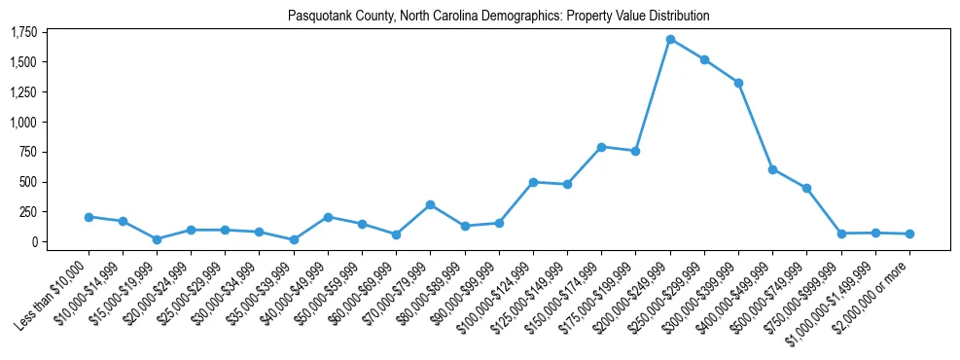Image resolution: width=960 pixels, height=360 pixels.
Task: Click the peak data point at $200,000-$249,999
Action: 670,40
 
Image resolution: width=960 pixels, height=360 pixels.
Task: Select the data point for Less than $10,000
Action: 89,217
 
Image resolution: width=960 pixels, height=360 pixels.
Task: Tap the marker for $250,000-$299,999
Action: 704,59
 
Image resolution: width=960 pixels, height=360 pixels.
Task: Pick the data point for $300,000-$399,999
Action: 738,83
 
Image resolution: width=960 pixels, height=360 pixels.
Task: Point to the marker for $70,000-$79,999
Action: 430,205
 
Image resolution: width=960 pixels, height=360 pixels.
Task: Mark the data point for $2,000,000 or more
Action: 909,234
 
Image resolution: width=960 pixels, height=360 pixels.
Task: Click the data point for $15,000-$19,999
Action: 157,239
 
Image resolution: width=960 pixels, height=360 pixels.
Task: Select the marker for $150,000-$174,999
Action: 601,147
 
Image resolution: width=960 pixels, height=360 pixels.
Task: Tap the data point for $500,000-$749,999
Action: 806,188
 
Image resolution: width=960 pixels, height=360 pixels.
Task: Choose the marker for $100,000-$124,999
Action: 533,182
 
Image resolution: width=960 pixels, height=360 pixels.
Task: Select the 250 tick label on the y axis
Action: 28,212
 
